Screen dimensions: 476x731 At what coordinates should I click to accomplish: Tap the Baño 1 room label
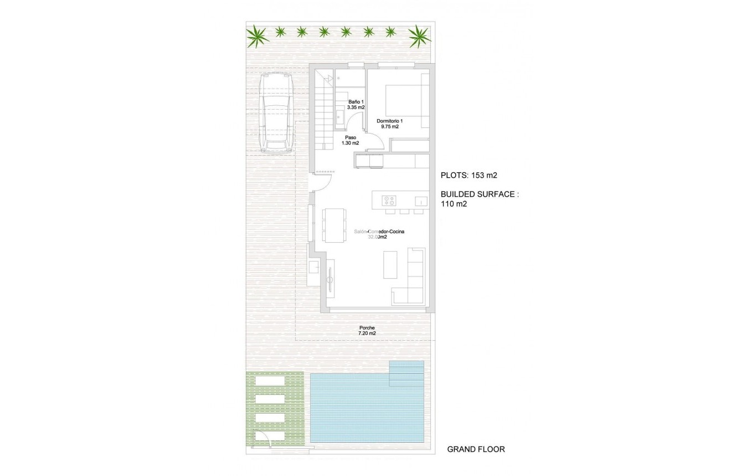coord(356,105)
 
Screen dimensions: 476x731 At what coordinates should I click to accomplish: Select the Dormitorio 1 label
coord(390,124)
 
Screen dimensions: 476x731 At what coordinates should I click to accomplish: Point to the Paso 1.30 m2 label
coord(351,140)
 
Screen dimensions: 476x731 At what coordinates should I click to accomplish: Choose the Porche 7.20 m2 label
coord(367,330)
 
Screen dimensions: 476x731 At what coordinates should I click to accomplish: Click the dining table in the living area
coord(334,225)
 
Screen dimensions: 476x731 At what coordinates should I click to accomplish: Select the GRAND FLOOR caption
coord(476,449)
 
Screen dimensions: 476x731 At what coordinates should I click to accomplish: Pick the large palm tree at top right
coord(419,37)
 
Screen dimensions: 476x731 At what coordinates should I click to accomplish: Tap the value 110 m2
coord(454,204)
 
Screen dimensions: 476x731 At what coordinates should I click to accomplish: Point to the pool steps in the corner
coord(406,373)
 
